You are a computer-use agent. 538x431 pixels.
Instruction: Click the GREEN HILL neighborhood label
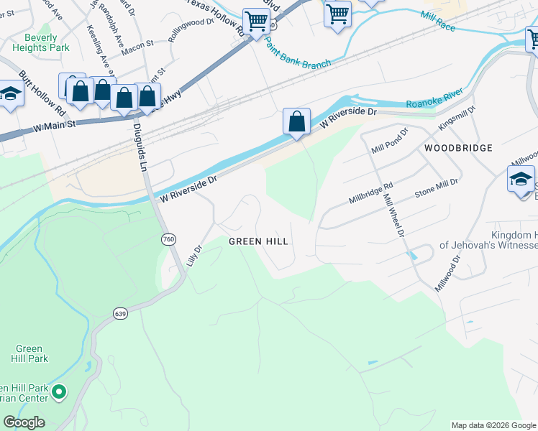(x=258, y=241)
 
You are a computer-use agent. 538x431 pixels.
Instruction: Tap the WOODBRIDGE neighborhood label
(x=458, y=148)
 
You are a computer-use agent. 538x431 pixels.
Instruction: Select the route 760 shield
(x=169, y=239)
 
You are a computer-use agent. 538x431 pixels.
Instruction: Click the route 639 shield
(x=120, y=313)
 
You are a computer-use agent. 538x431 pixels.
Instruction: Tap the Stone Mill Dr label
(x=436, y=189)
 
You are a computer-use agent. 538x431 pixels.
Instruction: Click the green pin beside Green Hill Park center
(x=60, y=391)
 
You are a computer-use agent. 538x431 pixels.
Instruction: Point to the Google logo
(x=24, y=422)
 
